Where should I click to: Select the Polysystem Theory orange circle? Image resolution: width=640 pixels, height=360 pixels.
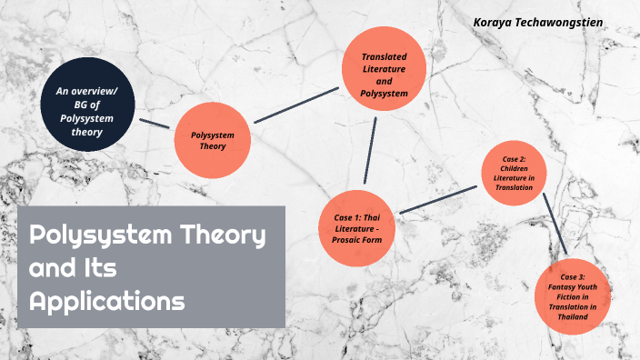click(212, 139)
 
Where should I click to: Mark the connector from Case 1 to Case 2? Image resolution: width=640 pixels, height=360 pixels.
click(439, 199)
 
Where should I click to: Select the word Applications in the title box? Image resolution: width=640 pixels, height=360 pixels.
click(106, 299)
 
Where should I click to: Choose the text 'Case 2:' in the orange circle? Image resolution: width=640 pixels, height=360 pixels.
click(515, 159)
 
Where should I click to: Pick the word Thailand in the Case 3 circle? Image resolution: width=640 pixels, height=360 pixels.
click(577, 317)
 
